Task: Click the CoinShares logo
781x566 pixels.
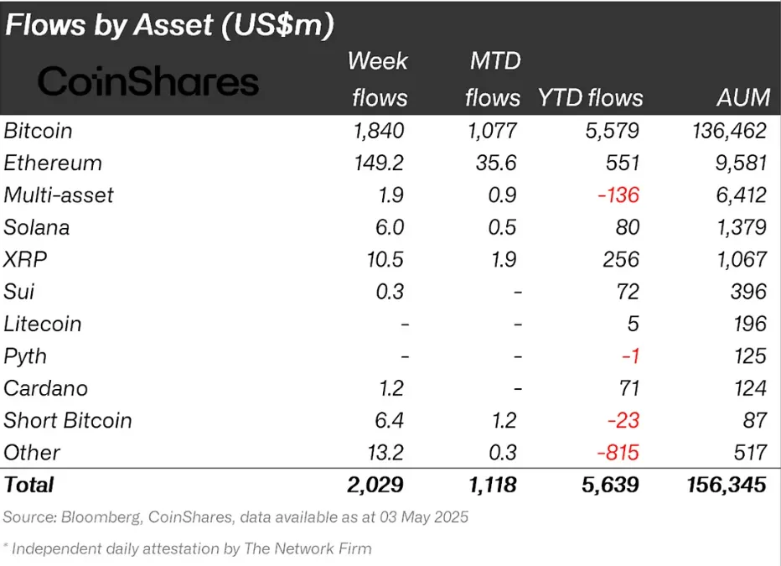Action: point(148,82)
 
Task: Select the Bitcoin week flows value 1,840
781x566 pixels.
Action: point(380,131)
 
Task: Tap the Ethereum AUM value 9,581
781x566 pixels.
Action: point(738,163)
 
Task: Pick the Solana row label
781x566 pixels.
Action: point(37,227)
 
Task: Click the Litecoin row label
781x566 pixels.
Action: point(43,324)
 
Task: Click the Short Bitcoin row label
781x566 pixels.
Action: point(68,420)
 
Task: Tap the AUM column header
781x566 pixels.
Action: point(743,97)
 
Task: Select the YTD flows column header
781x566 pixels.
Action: point(590,97)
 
